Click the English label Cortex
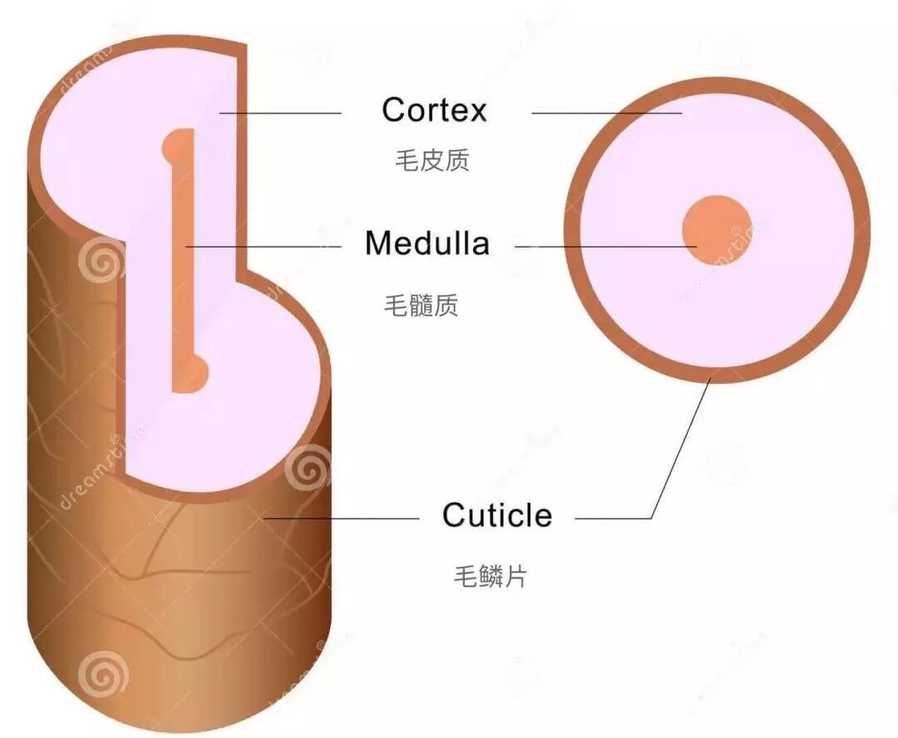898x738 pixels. click(x=434, y=110)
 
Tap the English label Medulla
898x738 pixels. click(x=427, y=244)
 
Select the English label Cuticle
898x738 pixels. click(x=496, y=515)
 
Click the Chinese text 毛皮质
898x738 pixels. click(x=432, y=160)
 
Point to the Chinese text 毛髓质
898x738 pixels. click(x=420, y=305)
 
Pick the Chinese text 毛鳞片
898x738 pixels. click(x=490, y=576)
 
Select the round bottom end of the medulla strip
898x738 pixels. click(x=194, y=373)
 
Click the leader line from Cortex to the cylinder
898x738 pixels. click(x=280, y=113)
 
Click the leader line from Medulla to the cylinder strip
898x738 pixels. click(x=262, y=247)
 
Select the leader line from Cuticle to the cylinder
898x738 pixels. click(x=341, y=519)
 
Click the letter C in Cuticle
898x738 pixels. click(x=453, y=515)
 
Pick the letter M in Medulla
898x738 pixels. click(x=379, y=244)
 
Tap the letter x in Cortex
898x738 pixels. click(x=476, y=111)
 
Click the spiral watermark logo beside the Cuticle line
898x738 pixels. click(x=308, y=469)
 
